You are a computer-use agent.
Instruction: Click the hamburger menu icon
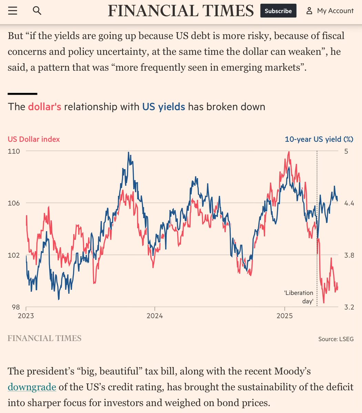[12, 11]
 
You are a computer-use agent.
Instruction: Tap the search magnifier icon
[37, 11]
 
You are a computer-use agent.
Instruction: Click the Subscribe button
[278, 11]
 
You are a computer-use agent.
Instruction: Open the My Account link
[330, 11]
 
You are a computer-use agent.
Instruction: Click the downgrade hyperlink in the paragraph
[32, 387]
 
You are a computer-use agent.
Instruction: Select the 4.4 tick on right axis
[349, 203]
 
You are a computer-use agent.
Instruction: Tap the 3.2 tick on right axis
[349, 307]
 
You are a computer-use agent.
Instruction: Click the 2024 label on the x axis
[155, 316]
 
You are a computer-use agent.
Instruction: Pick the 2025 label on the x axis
[285, 316]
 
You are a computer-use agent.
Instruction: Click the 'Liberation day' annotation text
[299, 297]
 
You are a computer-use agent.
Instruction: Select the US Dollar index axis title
[34, 139]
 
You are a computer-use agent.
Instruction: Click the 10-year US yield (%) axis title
[319, 139]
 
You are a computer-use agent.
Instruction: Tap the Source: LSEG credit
[336, 339]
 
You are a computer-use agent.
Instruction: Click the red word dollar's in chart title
[44, 107]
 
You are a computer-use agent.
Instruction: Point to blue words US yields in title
[164, 107]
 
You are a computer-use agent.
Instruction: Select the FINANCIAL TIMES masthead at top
[181, 11]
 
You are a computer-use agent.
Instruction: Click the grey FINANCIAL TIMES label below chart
[44, 338]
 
